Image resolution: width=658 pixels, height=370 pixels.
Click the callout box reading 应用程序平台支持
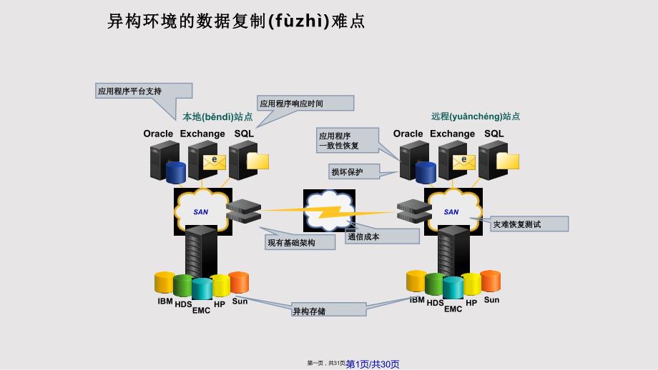click(144, 91)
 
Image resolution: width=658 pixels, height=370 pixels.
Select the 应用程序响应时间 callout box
click(305, 104)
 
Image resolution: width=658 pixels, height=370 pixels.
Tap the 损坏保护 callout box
click(354, 171)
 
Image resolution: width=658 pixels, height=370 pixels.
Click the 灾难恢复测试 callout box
click(530, 224)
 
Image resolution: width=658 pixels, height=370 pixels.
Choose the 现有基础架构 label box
click(300, 243)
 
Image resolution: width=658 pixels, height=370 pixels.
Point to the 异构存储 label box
click(328, 311)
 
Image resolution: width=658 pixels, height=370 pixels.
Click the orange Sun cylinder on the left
click(239, 282)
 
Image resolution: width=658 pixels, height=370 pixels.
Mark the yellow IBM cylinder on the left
click(164, 283)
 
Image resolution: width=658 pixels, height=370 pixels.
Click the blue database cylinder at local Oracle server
click(175, 172)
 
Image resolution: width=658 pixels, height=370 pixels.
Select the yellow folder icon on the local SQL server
click(257, 161)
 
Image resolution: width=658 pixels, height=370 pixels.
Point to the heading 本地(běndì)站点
click(217, 116)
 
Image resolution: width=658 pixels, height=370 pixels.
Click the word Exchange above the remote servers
click(452, 134)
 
